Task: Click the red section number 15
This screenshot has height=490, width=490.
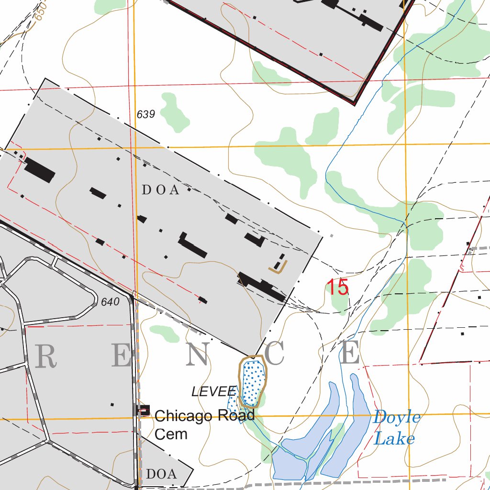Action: click(x=337, y=288)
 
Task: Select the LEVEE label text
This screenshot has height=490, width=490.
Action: click(x=214, y=391)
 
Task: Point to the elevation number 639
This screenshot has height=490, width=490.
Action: click(x=146, y=114)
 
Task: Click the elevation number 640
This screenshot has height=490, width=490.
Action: click(x=110, y=302)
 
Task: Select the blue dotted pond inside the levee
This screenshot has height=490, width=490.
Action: click(x=252, y=382)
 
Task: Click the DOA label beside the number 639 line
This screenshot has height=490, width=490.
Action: click(x=161, y=190)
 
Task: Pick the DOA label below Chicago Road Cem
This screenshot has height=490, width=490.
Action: click(x=161, y=474)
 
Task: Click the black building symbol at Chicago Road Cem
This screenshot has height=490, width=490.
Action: click(x=144, y=411)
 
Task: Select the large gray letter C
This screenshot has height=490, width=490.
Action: click(x=275, y=355)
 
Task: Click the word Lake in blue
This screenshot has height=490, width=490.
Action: click(x=394, y=438)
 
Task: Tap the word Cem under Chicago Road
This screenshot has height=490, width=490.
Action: click(x=171, y=434)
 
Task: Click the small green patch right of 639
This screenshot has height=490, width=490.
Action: click(x=173, y=113)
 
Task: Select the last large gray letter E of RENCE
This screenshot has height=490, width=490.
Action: click(x=350, y=354)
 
